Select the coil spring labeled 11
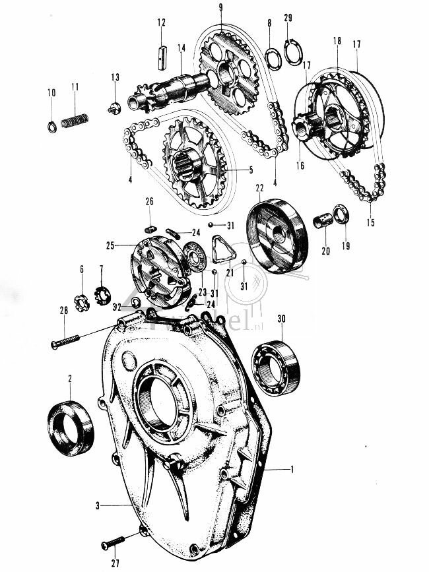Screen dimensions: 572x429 coord(75,121)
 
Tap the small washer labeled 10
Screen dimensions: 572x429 coord(52,127)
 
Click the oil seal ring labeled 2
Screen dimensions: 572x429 coord(70,428)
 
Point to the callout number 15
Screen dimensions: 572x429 coord(370,223)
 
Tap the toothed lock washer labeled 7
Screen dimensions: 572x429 coord(102,292)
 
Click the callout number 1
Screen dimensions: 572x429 coord(292,468)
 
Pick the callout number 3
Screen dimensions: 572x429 coord(97,505)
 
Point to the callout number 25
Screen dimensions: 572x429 coord(111,245)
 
